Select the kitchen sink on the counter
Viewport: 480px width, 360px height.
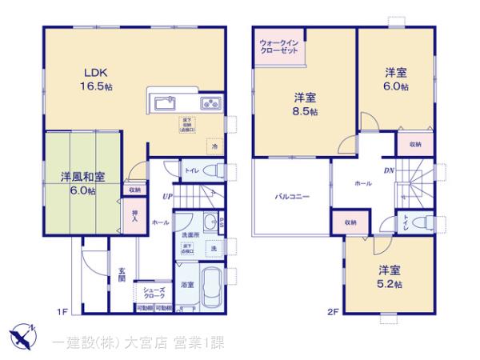pyautogui.click(x=163, y=103)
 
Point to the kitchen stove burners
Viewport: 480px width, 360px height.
pyautogui.click(x=210, y=103)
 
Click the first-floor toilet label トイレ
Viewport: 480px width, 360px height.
pyautogui.click(x=193, y=170)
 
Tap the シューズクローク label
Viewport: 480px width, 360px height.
pyautogui.click(x=154, y=293)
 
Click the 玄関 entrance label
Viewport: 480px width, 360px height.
pyautogui.click(x=122, y=275)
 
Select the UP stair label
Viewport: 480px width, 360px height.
pyautogui.click(x=167, y=196)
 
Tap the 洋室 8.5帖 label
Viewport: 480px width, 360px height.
pyautogui.click(x=304, y=104)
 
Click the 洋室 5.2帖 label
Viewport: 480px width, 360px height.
pyautogui.click(x=390, y=275)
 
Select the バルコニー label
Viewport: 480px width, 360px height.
pyautogui.click(x=294, y=196)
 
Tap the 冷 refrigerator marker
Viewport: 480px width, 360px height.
pyautogui.click(x=214, y=146)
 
